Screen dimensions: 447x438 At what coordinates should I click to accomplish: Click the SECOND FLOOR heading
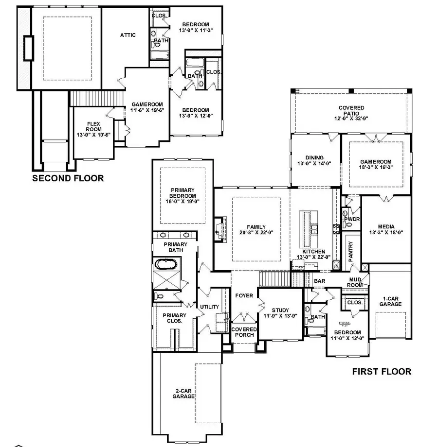point(68,178)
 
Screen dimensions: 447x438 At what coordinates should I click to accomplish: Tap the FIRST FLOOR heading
point(382,372)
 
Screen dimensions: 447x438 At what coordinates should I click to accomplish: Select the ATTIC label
point(128,35)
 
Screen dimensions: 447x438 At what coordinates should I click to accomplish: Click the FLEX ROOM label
point(93,127)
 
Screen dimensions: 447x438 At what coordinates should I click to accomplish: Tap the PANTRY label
point(350,251)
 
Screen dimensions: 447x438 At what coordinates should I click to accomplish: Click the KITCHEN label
point(314,252)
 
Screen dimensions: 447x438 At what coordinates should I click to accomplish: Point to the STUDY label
point(280,310)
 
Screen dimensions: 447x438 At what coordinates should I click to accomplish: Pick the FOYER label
point(244,295)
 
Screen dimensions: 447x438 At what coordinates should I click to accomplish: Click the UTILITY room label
point(209,307)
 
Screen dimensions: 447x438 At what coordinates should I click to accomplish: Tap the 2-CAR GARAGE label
point(183,393)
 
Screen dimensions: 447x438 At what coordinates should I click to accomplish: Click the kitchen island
point(307,229)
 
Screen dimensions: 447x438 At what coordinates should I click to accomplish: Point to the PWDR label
point(351,219)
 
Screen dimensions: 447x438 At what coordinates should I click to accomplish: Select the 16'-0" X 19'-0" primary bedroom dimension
point(182,201)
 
